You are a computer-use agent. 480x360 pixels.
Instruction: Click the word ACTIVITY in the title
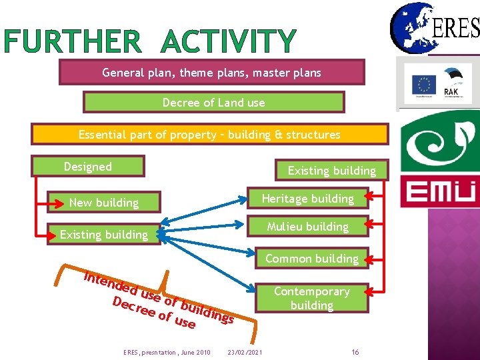click(228, 42)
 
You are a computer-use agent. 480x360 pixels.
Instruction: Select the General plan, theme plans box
click(211, 72)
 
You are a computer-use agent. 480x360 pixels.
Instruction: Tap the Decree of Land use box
click(213, 103)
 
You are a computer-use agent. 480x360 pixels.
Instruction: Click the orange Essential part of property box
click(209, 135)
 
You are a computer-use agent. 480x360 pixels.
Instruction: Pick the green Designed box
click(88, 167)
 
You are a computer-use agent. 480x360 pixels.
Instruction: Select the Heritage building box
click(307, 199)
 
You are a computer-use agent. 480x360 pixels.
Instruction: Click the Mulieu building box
click(307, 227)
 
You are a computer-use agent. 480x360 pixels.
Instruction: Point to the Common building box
click(311, 258)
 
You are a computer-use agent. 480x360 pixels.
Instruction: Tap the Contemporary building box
click(311, 298)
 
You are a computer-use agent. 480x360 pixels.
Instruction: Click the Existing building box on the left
click(104, 235)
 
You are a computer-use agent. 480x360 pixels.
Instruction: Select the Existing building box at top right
click(331, 171)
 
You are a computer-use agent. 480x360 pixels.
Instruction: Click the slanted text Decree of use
click(154, 313)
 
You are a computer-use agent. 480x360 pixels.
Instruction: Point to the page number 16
click(355, 351)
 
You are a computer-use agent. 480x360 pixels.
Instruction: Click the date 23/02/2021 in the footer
click(245, 351)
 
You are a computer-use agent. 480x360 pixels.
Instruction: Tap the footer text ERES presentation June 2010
click(167, 351)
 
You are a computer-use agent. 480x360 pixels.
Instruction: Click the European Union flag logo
click(424, 85)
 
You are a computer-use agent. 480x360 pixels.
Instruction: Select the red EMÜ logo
click(439, 192)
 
